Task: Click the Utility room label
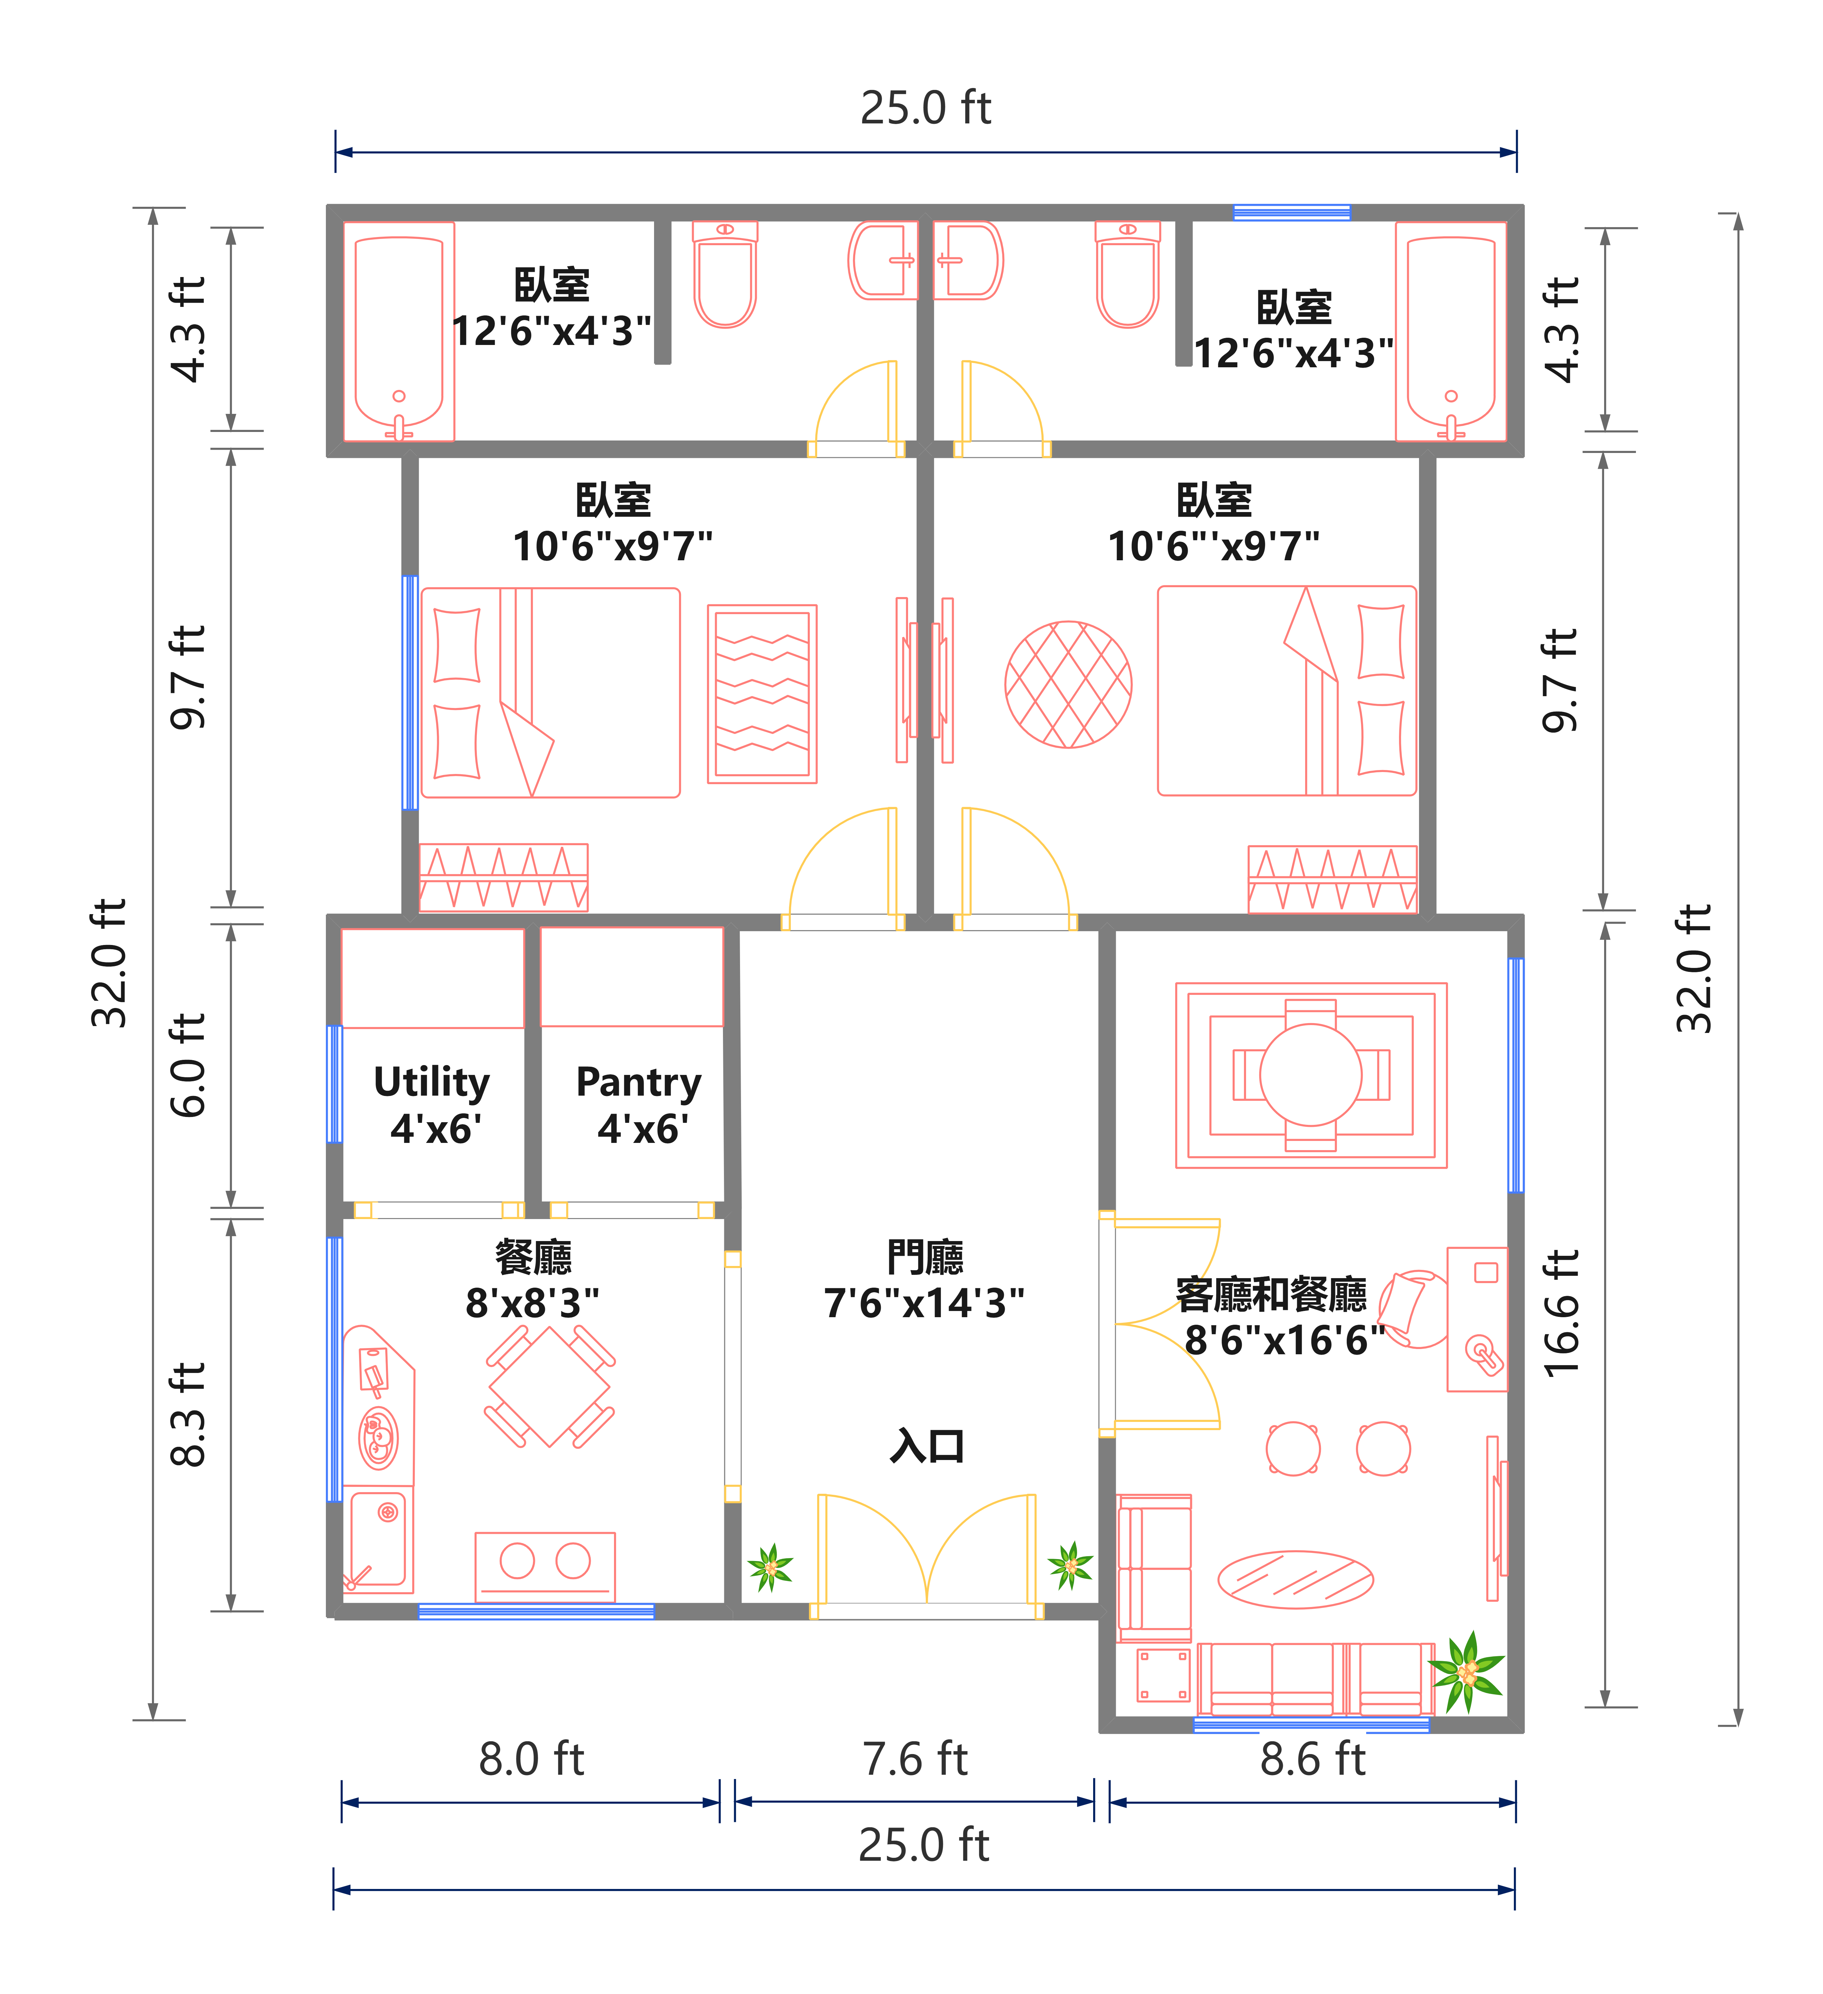432,1105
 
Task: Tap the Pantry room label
639,1105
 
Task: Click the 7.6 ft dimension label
915,1760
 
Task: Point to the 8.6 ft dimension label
1313,1760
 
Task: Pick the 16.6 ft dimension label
1562,1314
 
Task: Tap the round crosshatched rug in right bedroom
1068,684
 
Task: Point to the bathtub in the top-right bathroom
1451,331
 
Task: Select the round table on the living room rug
1311,1075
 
